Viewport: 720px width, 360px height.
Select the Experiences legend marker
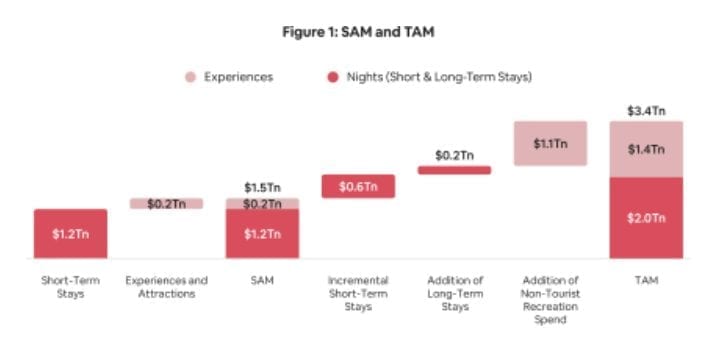coord(190,77)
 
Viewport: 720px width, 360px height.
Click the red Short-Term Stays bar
coord(70,234)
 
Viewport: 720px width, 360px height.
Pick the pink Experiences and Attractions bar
coord(166,204)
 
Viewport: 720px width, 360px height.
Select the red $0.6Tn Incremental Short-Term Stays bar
coord(358,186)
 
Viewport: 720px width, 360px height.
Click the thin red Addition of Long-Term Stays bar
coord(454,170)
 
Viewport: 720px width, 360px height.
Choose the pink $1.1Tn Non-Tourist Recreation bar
coord(549,144)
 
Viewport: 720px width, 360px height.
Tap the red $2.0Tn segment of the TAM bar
coord(646,218)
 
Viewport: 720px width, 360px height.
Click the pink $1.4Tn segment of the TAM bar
coord(646,149)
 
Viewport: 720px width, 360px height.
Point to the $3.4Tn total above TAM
coord(646,110)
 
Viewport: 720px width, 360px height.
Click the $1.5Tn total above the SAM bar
coord(262,187)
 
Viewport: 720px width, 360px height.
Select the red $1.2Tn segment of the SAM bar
coord(262,234)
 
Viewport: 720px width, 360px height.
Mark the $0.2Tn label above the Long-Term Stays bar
coord(454,155)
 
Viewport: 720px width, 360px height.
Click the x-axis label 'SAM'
coord(262,281)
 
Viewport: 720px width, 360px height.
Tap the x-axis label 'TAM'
coord(646,281)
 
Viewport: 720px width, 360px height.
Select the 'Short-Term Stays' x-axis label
coord(70,287)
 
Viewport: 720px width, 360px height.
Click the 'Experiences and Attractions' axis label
coord(166,287)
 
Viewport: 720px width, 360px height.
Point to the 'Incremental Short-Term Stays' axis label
coord(358,293)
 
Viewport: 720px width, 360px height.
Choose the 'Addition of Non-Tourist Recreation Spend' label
coord(549,300)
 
